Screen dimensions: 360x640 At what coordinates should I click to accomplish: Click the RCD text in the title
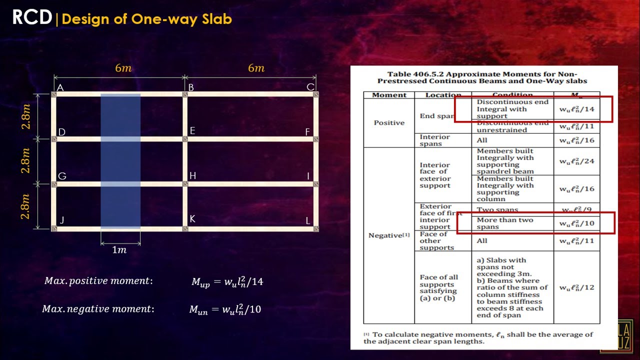(x=32, y=18)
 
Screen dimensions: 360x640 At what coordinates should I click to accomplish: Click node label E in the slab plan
(x=192, y=131)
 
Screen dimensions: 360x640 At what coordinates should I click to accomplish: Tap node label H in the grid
(x=192, y=175)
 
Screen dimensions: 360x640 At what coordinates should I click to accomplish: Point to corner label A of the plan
(x=60, y=88)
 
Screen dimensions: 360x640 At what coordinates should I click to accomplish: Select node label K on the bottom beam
(x=192, y=219)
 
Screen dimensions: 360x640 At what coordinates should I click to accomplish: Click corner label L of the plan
(x=308, y=220)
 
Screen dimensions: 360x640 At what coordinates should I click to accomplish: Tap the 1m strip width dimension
(x=119, y=250)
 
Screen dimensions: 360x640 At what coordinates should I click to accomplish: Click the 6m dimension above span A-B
(x=123, y=68)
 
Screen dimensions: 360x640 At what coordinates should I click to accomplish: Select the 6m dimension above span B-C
(x=256, y=68)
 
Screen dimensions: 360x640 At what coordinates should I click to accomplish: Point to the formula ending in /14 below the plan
(x=227, y=281)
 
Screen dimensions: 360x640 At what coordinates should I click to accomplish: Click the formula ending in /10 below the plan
(x=225, y=309)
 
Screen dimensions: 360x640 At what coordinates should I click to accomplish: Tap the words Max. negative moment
(x=98, y=309)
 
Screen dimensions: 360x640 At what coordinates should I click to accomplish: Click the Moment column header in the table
(x=389, y=95)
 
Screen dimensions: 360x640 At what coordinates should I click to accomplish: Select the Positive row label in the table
(x=389, y=122)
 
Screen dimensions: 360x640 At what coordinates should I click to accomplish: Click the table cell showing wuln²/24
(x=576, y=161)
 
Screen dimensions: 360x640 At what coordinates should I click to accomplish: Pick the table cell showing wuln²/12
(x=576, y=287)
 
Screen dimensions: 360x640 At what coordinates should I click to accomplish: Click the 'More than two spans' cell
(x=505, y=223)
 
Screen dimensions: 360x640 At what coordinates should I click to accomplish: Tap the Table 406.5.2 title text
(x=482, y=77)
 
